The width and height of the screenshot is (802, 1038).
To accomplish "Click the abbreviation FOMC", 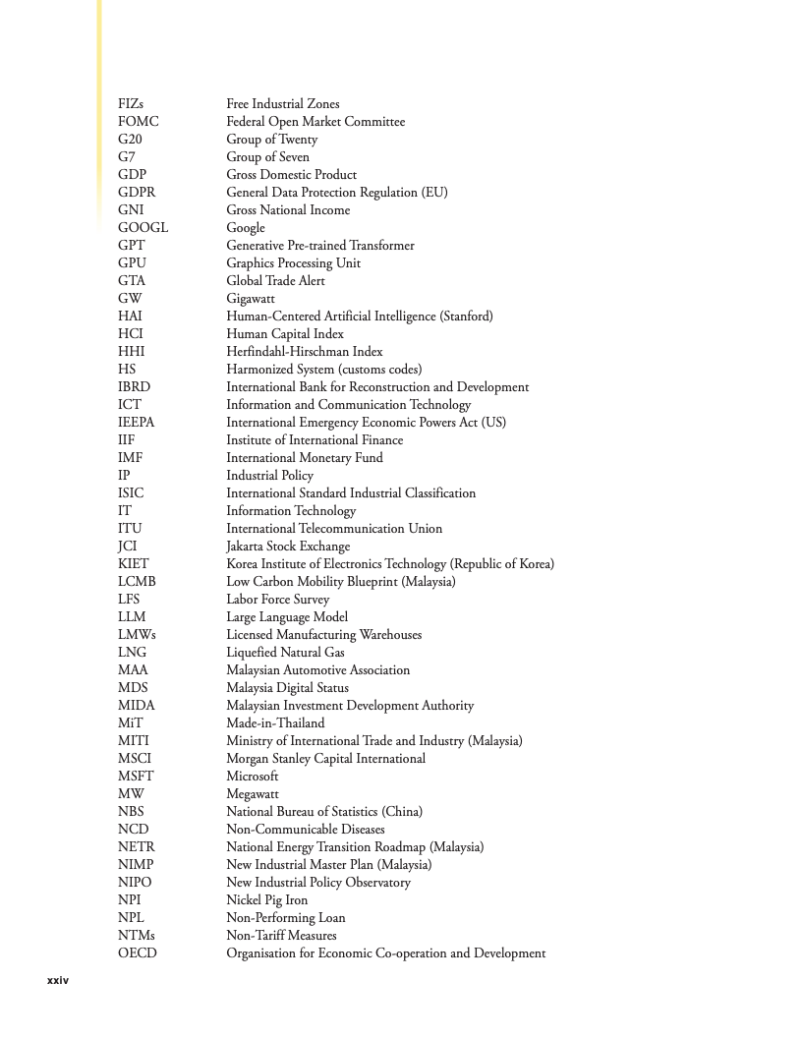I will coord(138,122).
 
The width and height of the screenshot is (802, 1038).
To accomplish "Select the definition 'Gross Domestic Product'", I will coord(291,175).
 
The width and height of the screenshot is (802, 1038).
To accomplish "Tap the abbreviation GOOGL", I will coord(143,228).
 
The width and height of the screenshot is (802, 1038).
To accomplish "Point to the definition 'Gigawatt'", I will coord(251,299).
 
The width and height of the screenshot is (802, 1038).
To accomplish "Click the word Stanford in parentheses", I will coord(466,317).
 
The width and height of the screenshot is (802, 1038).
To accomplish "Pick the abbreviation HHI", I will coord(132,352).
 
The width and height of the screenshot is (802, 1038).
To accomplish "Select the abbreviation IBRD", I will coord(134,387).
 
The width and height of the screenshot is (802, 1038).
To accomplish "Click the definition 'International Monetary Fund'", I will coord(305,458).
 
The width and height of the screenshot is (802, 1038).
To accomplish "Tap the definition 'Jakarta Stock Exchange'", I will coord(288,547).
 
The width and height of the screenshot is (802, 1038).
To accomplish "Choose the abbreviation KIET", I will coord(134,564).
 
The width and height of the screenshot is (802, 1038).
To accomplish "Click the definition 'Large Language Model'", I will coord(287,617).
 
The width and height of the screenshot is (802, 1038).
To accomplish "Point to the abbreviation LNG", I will coord(132,653).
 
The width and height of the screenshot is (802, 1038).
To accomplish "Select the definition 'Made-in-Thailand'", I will coord(275,723).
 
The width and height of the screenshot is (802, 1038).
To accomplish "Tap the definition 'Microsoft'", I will coord(253,777).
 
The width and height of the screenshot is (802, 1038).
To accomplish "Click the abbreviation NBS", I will coord(131,812).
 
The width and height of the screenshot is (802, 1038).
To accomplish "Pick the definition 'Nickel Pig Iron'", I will coord(266,900).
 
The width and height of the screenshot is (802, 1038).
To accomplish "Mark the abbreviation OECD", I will coord(137,953).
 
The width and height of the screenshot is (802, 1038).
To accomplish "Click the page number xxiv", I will coord(58,981).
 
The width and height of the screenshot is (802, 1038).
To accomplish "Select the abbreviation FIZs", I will coord(131,104).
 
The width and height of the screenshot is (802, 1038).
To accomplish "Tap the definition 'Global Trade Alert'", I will coord(275,281).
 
